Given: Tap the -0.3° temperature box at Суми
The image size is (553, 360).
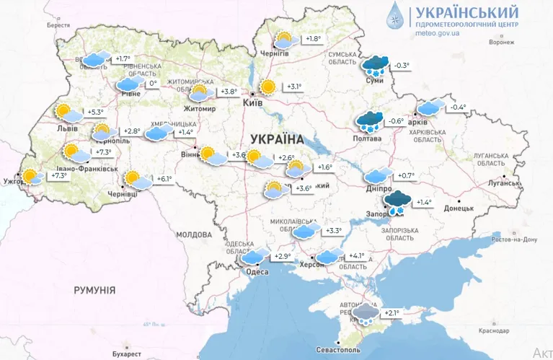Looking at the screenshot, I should point(401,66).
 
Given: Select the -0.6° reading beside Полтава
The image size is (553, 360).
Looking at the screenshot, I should point(397,120).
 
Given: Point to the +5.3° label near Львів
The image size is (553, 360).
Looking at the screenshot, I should point(95,112).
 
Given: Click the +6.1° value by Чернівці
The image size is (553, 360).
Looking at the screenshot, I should point(165,179).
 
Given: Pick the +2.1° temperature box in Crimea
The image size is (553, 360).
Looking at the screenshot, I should point(391,312).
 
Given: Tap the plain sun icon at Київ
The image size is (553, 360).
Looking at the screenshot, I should point(268,87).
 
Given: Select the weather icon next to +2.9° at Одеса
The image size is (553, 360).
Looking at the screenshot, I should point(254,257).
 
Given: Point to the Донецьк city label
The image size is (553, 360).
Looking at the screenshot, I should point(459,208).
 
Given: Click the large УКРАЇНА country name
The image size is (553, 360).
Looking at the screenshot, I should point(278,138).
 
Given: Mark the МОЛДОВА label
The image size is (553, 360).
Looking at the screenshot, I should point(194,234).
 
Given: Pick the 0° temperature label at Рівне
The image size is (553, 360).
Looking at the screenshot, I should point(152,84).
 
